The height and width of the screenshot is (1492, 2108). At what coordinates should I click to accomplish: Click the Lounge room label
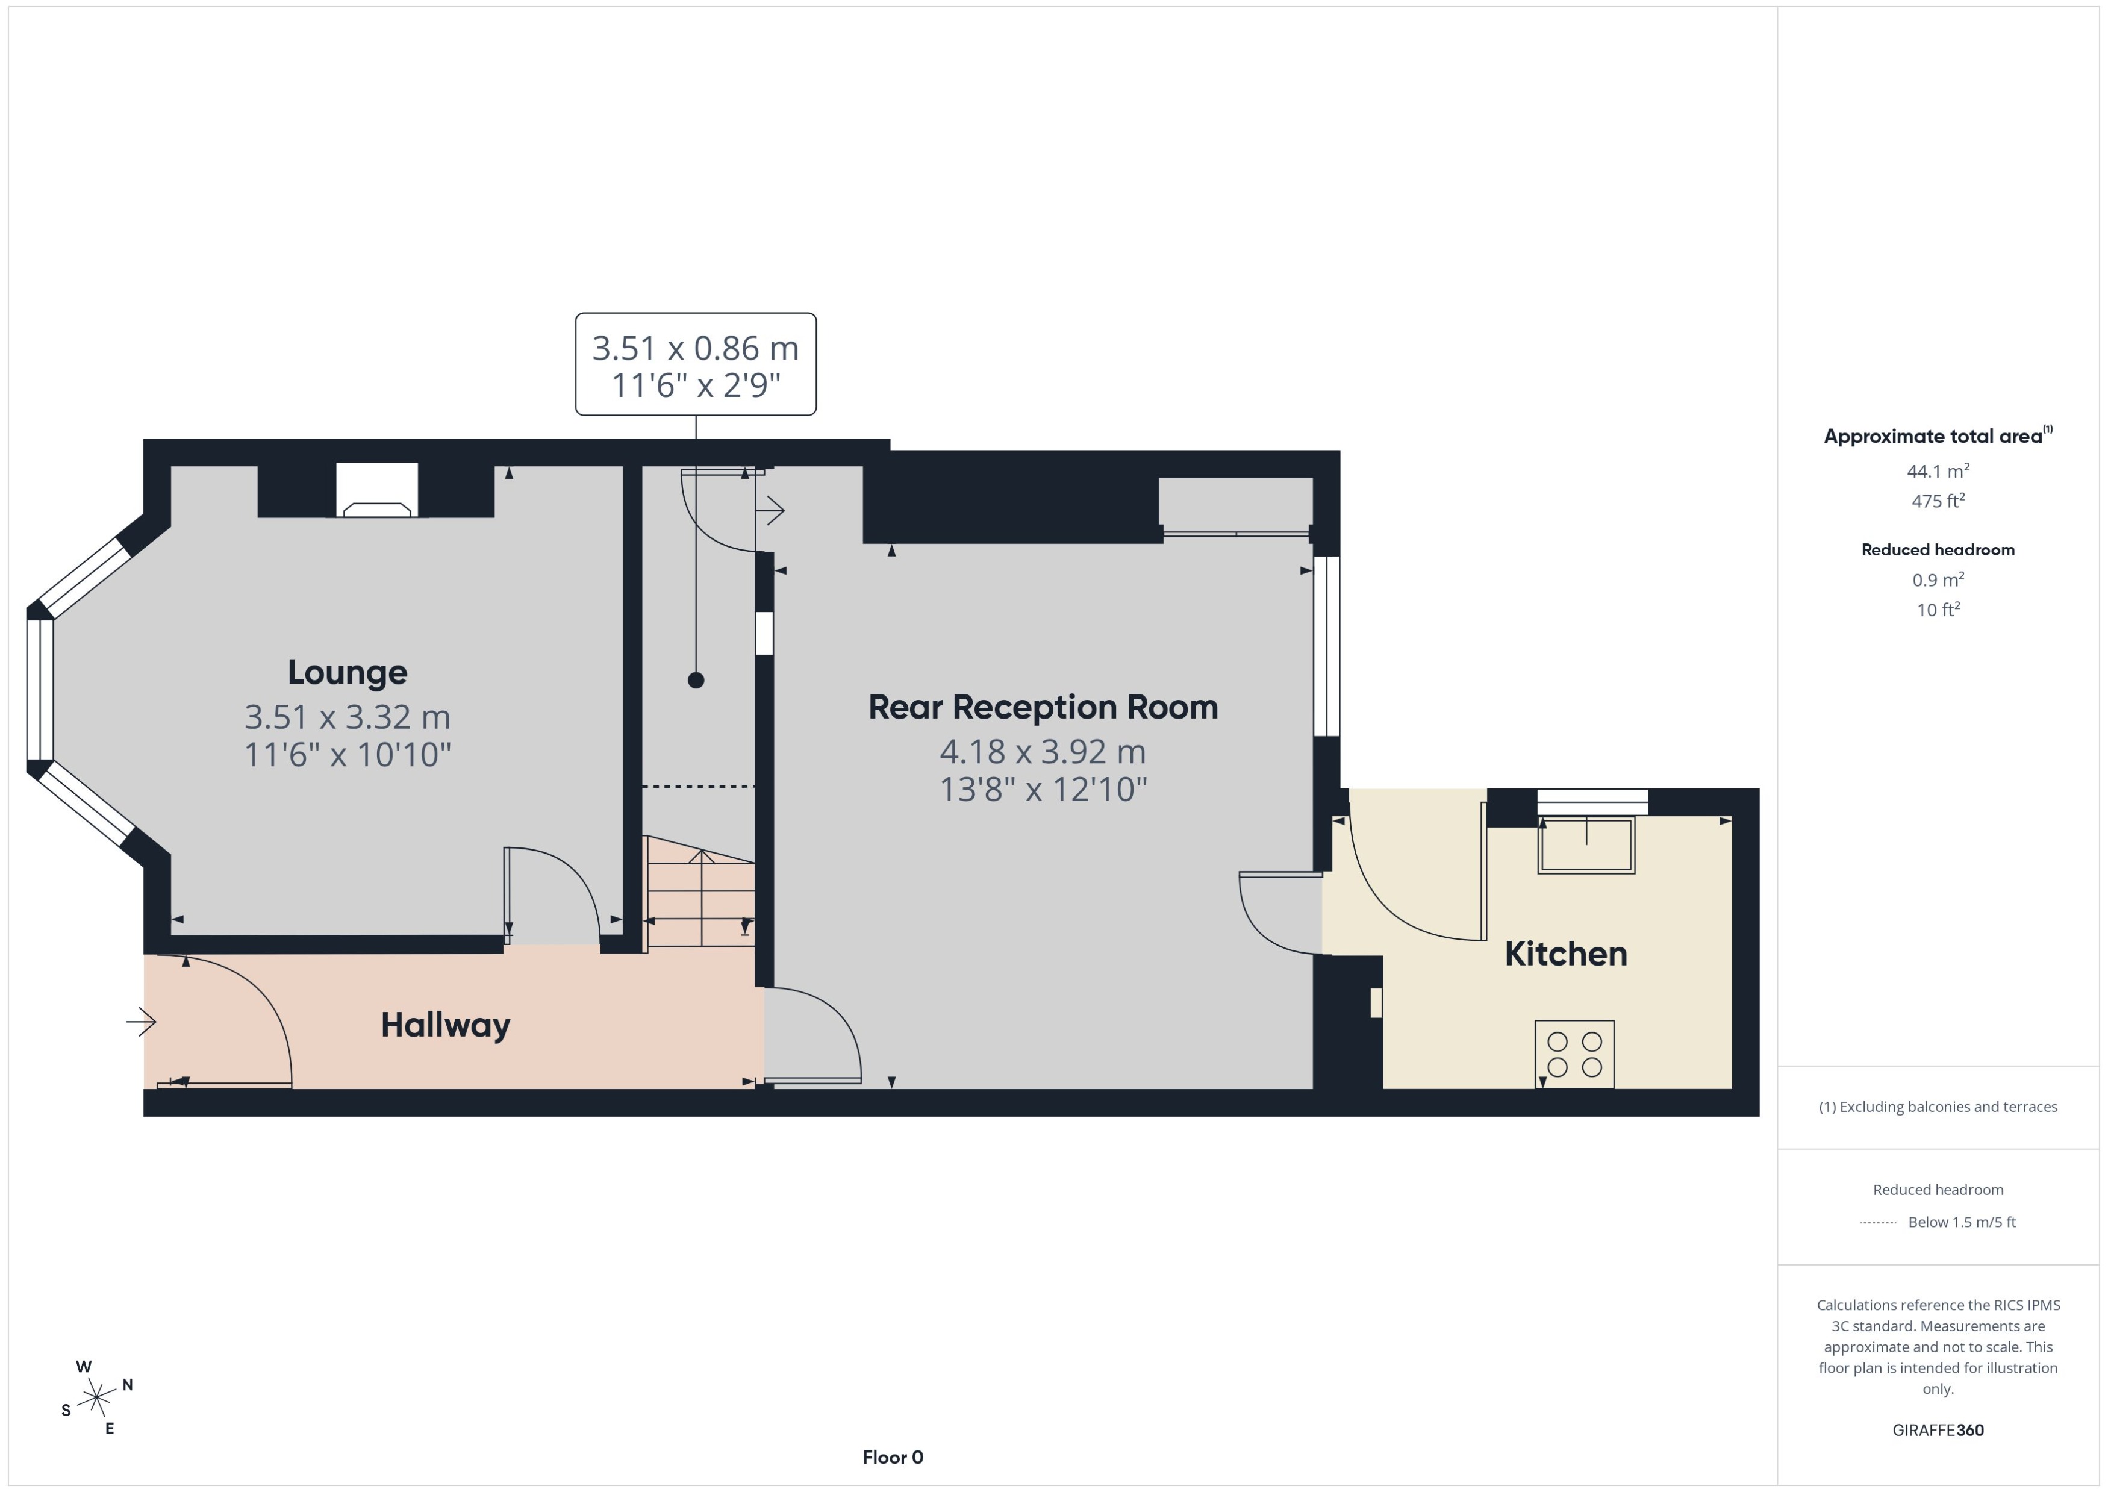(x=347, y=672)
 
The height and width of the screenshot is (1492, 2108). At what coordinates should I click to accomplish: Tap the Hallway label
(x=446, y=1025)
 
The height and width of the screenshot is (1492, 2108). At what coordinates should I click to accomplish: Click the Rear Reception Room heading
(x=1043, y=707)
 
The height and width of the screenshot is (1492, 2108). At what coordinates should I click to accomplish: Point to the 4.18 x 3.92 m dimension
(x=1043, y=752)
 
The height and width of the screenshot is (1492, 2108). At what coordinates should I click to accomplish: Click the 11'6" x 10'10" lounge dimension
(x=347, y=754)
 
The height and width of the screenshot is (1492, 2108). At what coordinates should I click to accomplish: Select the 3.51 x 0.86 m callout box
(x=695, y=365)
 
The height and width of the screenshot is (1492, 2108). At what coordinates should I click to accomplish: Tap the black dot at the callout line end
(x=695, y=681)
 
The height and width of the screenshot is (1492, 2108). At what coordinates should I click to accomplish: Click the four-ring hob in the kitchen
(x=1574, y=1053)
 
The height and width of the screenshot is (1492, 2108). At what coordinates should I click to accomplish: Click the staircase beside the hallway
(x=701, y=896)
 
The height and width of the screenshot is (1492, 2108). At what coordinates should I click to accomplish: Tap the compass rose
(x=96, y=1397)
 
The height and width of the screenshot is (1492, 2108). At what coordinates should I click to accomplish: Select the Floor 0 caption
(x=892, y=1457)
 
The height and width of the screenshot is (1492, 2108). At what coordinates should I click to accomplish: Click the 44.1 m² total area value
(x=1937, y=471)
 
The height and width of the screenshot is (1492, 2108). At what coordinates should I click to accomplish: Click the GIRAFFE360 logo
(x=1937, y=1429)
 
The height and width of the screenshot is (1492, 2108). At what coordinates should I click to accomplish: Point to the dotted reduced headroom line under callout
(x=698, y=787)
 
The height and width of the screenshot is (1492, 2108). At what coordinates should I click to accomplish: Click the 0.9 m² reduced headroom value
(x=1937, y=579)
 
